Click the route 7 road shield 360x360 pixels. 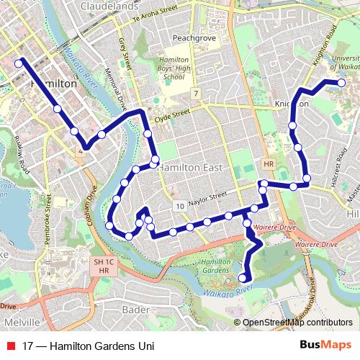click(196, 94)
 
